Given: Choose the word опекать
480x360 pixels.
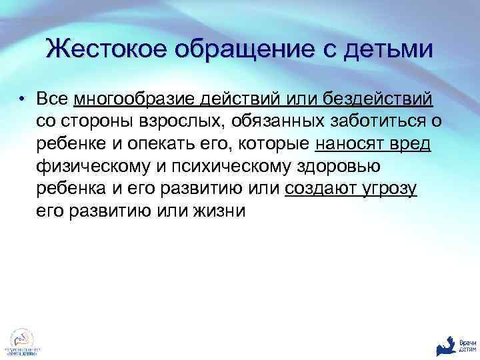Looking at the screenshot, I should pos(157,145).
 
